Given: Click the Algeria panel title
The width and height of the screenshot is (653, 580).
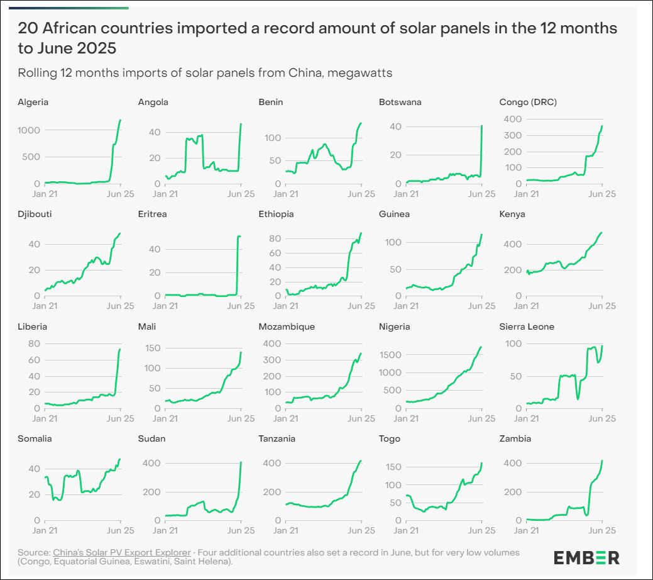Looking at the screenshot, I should [33, 102].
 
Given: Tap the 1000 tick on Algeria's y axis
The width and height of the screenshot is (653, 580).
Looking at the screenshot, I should [30, 130].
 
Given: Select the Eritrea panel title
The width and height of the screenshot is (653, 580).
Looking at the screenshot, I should [153, 214].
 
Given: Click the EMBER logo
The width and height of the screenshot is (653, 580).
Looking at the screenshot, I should [586, 557].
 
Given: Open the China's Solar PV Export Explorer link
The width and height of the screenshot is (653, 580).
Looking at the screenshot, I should [121, 552].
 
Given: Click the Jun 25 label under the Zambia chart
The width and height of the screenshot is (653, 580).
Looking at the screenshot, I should [601, 530].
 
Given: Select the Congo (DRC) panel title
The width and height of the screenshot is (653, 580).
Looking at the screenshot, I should [527, 102].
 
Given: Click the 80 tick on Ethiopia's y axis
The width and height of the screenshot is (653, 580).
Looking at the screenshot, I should [274, 238].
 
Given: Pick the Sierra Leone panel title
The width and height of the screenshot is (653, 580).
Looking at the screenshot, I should [526, 326].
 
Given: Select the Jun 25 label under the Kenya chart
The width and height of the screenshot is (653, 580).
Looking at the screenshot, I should [601, 306].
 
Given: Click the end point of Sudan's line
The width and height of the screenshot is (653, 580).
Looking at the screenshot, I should [241, 463].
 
